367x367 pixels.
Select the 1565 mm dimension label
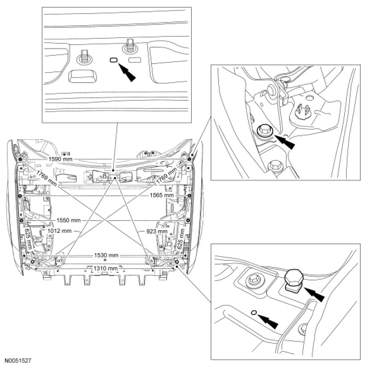pos(162,196)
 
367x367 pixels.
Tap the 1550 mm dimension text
pos(70,220)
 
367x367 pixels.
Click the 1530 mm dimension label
pos(105,256)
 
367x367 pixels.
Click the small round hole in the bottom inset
pos(253,312)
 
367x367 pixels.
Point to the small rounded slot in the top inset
pos(113,60)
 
